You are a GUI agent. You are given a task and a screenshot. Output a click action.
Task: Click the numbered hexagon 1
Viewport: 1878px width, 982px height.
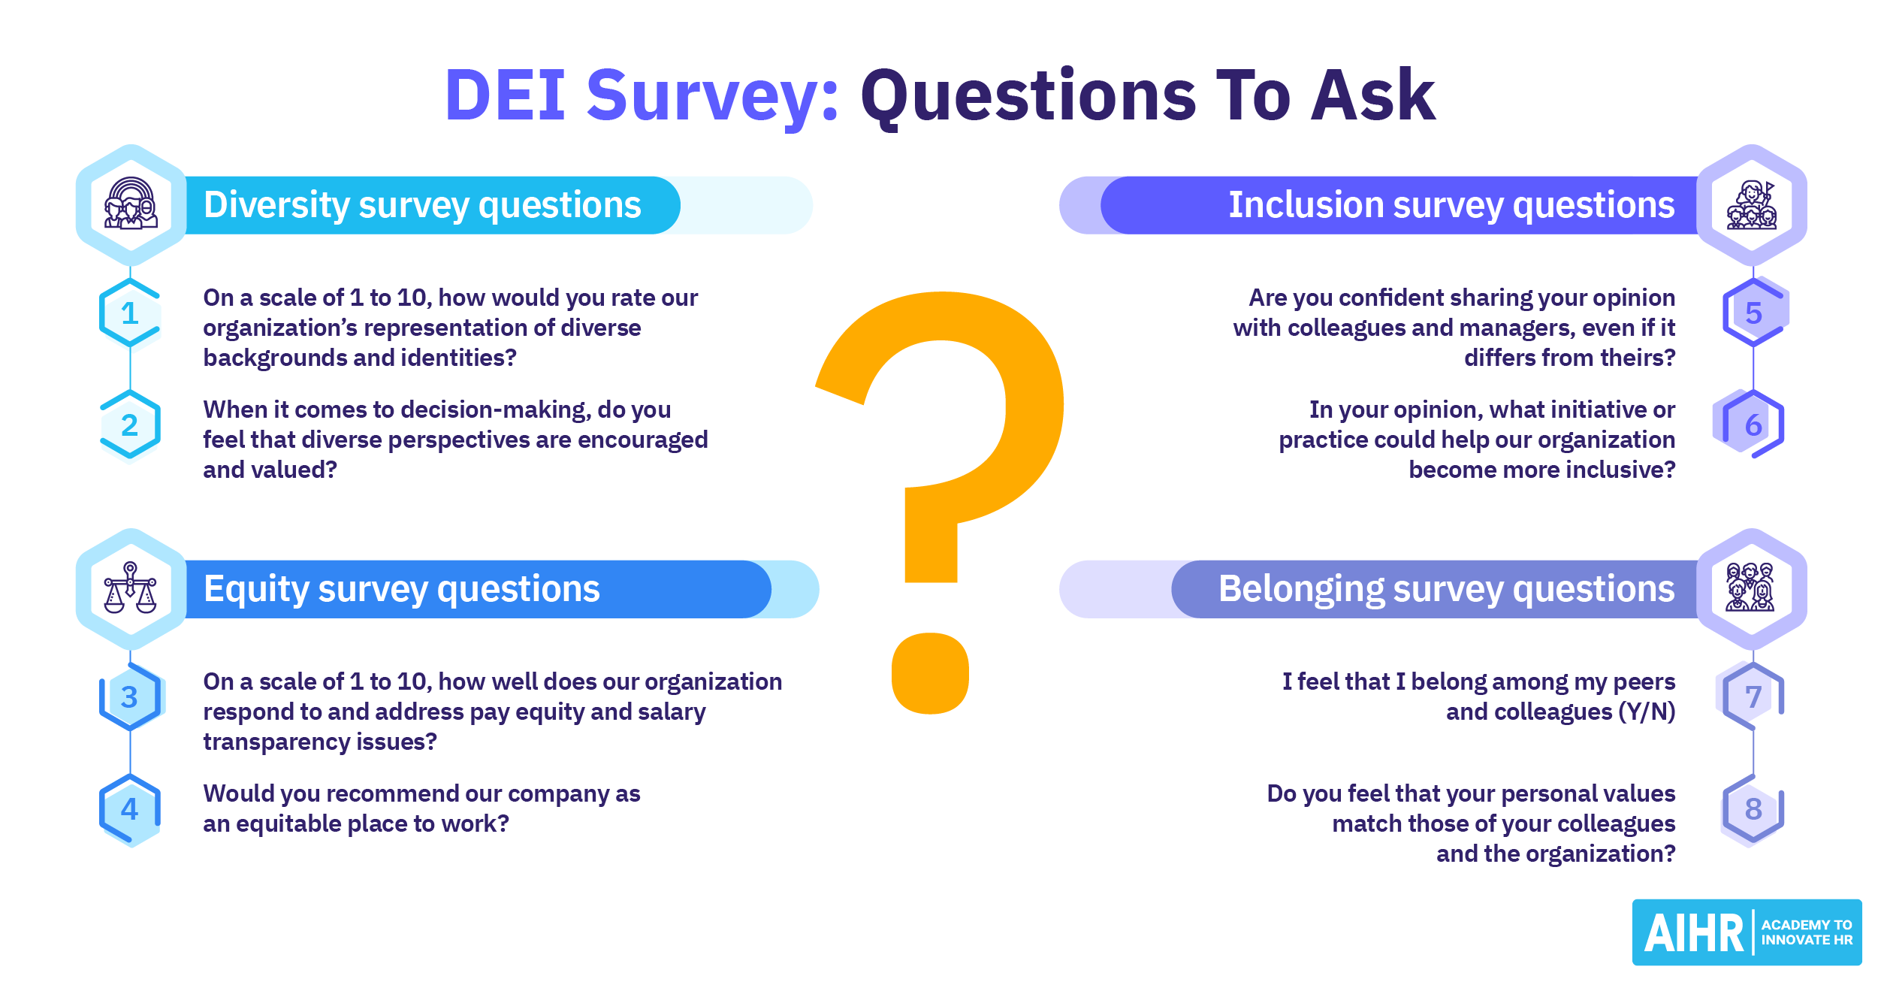tap(130, 313)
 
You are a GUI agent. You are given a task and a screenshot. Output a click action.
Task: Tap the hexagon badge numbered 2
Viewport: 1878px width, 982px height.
tap(130, 425)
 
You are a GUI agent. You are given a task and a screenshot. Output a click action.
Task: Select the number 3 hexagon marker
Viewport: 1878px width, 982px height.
tap(130, 697)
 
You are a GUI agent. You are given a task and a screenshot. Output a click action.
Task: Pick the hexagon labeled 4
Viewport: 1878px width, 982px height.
tap(130, 809)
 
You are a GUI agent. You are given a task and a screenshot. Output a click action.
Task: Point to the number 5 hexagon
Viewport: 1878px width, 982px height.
tap(1754, 313)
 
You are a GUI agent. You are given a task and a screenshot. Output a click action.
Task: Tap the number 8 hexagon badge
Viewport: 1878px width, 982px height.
tap(1753, 809)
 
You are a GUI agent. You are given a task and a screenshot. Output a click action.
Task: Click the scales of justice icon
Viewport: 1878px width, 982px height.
tap(130, 588)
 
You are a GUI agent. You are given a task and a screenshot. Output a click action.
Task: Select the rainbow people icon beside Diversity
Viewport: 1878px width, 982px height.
tap(131, 204)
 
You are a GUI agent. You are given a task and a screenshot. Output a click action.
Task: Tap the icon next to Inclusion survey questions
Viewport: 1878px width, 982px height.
tap(1752, 205)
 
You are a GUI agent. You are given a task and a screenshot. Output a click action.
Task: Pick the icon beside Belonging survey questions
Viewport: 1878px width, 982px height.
tap(1750, 588)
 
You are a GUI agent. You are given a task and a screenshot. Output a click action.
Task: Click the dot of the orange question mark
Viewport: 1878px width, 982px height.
tap(930, 673)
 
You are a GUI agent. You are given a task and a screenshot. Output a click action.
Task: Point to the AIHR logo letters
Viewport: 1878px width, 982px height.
tap(1694, 933)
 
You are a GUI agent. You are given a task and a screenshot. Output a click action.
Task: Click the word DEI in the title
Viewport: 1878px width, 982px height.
tap(505, 95)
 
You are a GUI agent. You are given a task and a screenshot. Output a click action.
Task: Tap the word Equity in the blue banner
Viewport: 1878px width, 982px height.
tap(256, 590)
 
